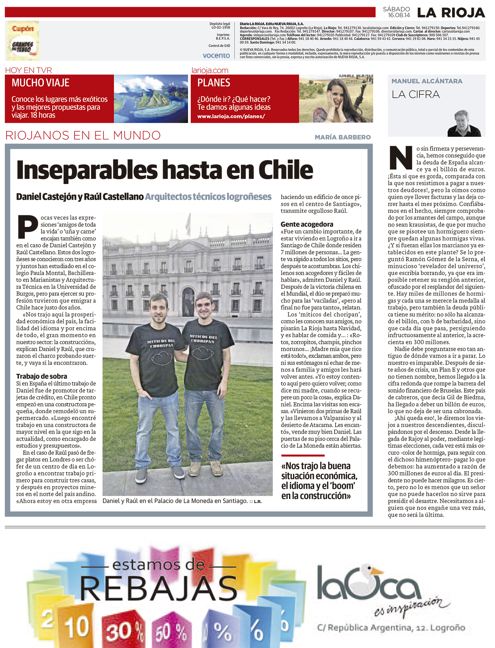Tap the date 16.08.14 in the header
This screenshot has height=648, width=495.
(399, 15)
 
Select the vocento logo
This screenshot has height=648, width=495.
(216, 55)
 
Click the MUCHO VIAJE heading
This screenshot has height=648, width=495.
(41, 83)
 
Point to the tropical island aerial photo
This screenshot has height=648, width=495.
(151, 99)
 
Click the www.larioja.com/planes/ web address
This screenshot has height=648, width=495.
(231, 116)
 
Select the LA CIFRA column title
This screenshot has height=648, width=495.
(415, 94)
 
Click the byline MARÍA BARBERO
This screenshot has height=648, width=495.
(343, 137)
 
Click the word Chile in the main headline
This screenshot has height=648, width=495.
(285, 170)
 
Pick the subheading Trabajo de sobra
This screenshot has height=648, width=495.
(42, 376)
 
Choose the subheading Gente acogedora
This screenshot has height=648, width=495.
(307, 224)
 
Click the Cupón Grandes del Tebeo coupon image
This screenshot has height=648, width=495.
(22, 41)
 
